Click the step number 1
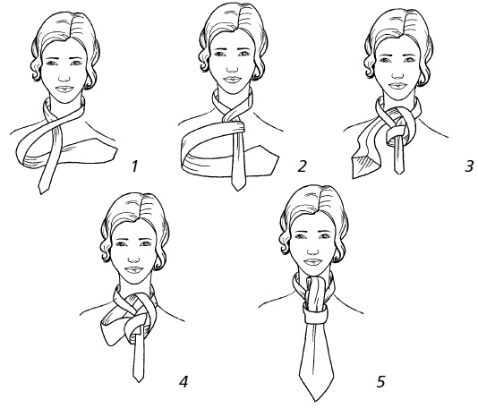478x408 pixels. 134,166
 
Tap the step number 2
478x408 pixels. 302,166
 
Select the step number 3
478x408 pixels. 469,166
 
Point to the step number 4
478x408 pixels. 184,381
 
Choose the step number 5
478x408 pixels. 381,381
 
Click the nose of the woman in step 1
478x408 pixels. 64,78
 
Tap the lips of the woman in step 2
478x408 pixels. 233,81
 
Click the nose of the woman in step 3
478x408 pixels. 397,73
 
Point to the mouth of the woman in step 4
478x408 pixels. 134,269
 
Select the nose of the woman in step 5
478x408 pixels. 312,251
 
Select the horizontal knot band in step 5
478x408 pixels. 315,315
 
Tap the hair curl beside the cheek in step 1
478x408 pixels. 36,72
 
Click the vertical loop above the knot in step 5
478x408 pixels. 316,293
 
